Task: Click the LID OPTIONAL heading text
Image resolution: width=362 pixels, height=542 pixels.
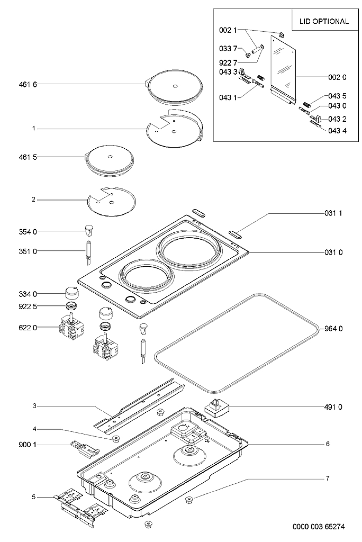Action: (x=324, y=21)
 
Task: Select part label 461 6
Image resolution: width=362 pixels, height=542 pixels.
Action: (x=28, y=85)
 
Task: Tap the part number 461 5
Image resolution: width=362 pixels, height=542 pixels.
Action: (x=28, y=157)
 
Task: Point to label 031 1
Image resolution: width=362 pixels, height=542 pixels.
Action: (x=333, y=213)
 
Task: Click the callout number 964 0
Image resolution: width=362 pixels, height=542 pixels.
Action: (x=333, y=328)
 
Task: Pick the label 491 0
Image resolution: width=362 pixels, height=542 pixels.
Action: (x=333, y=407)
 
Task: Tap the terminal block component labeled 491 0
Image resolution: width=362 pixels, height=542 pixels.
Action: (x=217, y=408)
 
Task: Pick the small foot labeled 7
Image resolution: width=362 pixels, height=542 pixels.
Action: (x=189, y=499)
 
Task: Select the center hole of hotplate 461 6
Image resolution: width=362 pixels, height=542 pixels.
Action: (x=175, y=86)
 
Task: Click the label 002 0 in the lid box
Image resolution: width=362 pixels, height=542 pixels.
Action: (x=337, y=77)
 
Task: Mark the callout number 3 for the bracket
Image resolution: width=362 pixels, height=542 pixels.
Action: (x=34, y=406)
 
